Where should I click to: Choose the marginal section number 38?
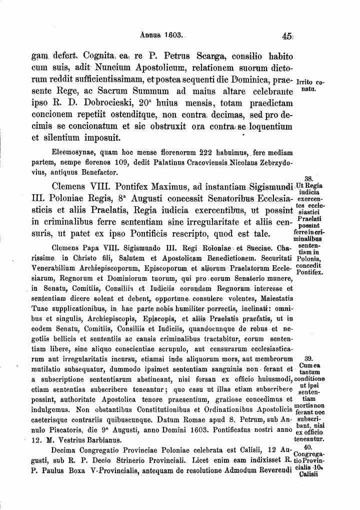[308, 178]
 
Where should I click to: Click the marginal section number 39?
[308, 359]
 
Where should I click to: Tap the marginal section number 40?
[308, 447]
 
